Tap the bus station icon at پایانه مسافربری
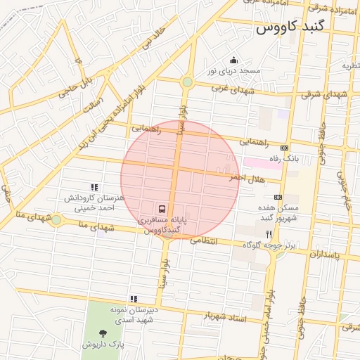163,209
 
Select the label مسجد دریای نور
233,71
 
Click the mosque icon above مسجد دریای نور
233,60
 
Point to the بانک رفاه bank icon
283,148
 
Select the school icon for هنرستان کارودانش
94,187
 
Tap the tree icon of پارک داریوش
103,333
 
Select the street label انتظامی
224,241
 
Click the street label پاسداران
323,254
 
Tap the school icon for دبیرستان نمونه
133,299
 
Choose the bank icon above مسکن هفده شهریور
278,197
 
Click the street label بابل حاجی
77,83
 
